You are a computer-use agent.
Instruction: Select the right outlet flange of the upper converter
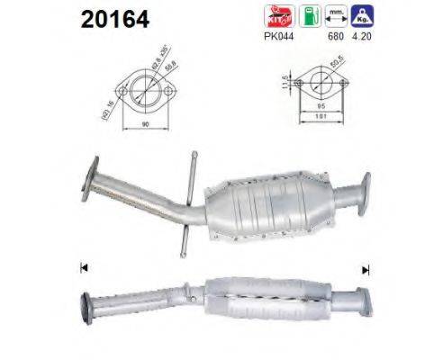pos(365,190)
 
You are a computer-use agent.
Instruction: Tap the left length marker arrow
pos(83,266)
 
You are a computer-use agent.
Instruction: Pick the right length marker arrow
pos(366,268)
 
